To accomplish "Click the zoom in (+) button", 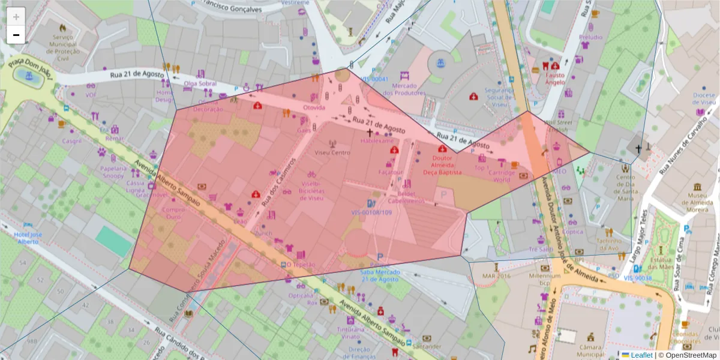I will tap(16, 17).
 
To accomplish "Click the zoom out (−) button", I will tap(16, 35).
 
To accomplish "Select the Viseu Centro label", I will tap(332, 152).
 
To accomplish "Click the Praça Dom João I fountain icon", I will tap(25, 75).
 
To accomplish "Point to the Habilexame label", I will tap(377, 140).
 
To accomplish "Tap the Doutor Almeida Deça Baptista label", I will tap(442, 165).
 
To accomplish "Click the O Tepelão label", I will tap(301, 264).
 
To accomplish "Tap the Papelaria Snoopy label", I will tap(113, 172).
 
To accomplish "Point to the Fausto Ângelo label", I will tap(555, 79).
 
